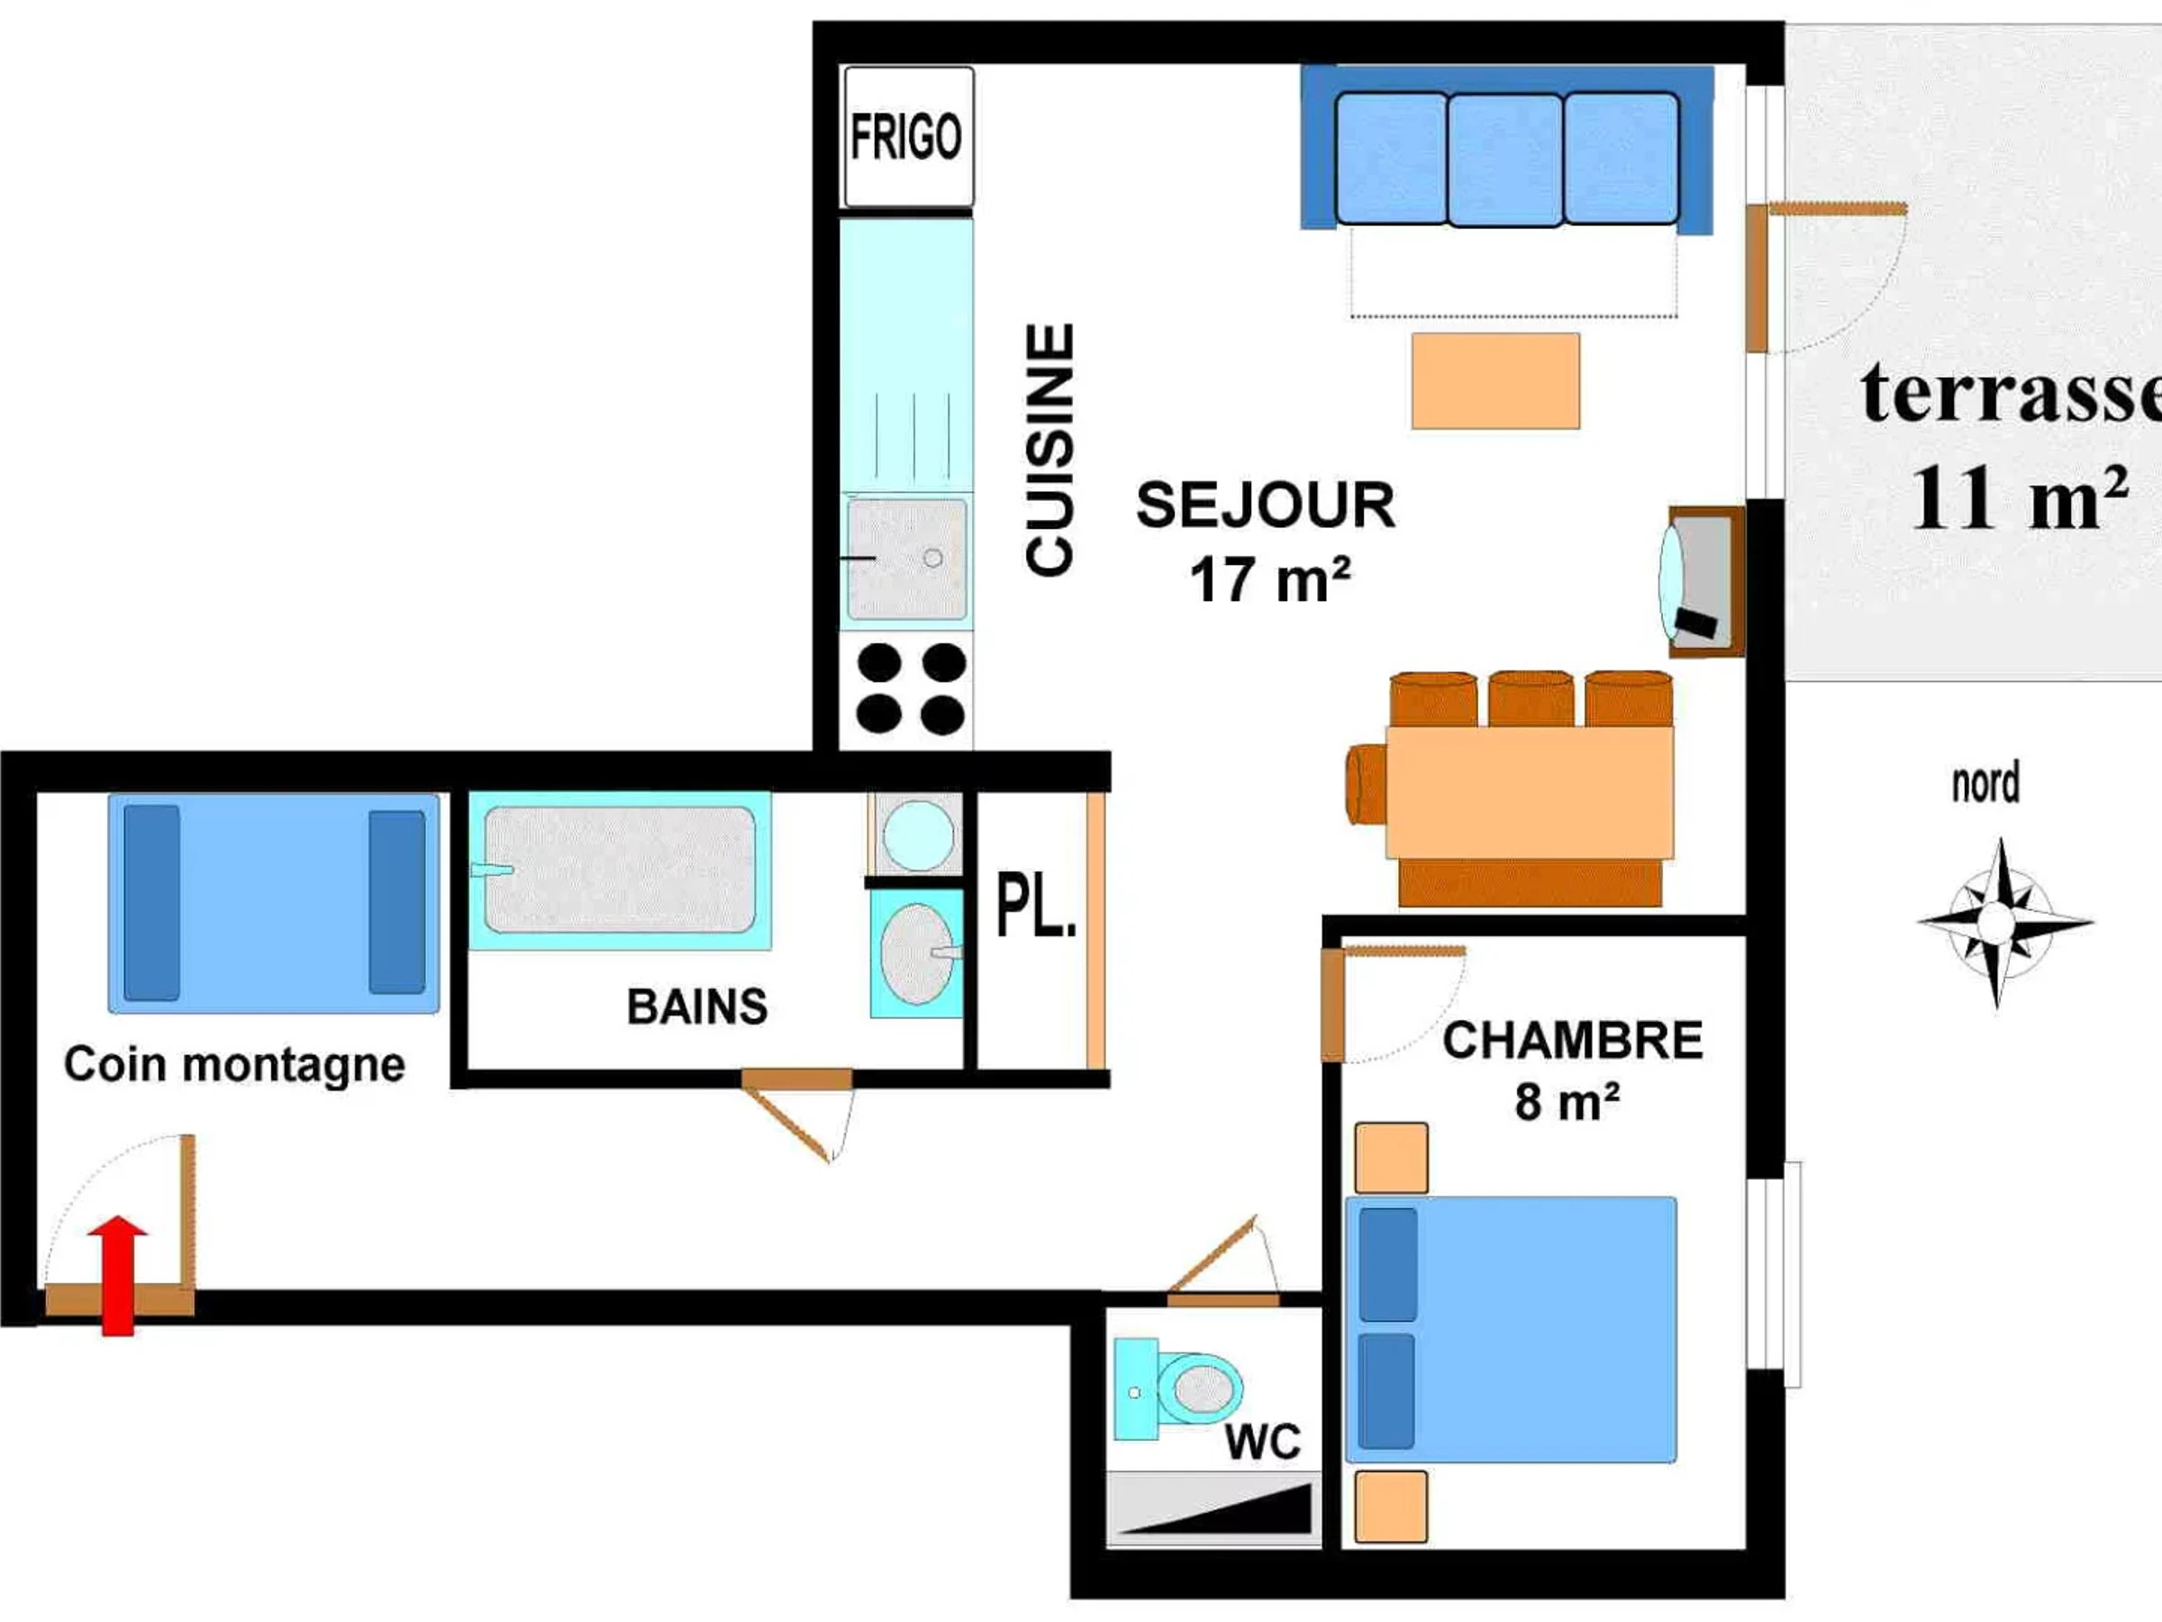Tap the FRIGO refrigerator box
click(908, 137)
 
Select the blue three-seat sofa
click(1506, 149)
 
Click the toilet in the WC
click(1178, 1389)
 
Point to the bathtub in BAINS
click(620, 870)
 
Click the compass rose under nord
click(1996, 921)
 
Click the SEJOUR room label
click(1266, 505)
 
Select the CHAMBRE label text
click(1573, 1040)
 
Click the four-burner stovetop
click(910, 689)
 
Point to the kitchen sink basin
click(907, 560)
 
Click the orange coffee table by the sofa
click(1495, 381)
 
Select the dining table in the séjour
click(1530, 793)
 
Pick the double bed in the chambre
click(1511, 1330)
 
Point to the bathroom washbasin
click(917, 954)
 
